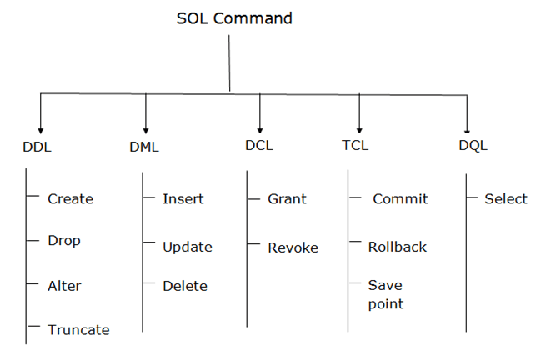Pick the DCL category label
(258, 145)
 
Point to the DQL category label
(473, 145)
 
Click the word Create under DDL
(70, 199)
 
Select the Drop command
(64, 241)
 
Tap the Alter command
(64, 286)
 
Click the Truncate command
(78, 329)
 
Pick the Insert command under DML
(183, 199)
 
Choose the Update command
(188, 247)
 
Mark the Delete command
(185, 286)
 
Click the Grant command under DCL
(287, 199)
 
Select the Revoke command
(293, 247)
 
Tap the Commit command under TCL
(400, 199)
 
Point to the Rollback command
(397, 247)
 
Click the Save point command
(386, 295)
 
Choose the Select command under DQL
(505, 199)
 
